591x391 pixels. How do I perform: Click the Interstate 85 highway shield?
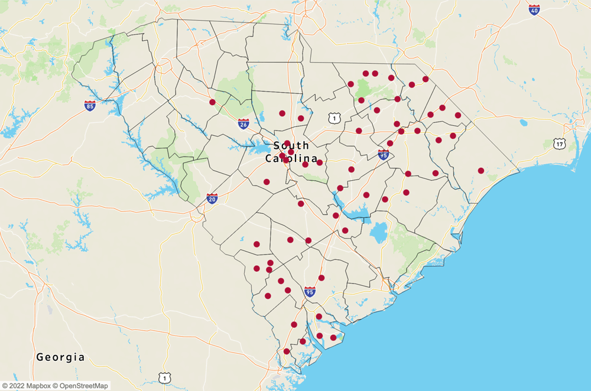90,106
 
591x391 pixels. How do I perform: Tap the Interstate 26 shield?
243,123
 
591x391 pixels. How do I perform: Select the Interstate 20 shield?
212,198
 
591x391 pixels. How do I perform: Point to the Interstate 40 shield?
534,9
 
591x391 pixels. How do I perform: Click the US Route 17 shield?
560,144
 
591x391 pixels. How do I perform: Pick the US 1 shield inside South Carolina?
335,119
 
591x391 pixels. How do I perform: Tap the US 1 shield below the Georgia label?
164,377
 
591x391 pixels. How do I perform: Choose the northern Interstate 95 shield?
384,155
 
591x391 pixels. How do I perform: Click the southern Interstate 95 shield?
310,291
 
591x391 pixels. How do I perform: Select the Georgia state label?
60,357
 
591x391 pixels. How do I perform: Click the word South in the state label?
291,145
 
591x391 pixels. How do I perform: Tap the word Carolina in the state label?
294,159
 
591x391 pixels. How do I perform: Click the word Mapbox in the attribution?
35,386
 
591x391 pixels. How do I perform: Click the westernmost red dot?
212,102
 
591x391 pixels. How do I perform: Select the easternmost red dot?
481,171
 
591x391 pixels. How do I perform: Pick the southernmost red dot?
287,351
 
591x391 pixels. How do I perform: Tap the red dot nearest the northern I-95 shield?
390,144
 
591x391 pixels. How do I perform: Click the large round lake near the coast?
379,232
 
